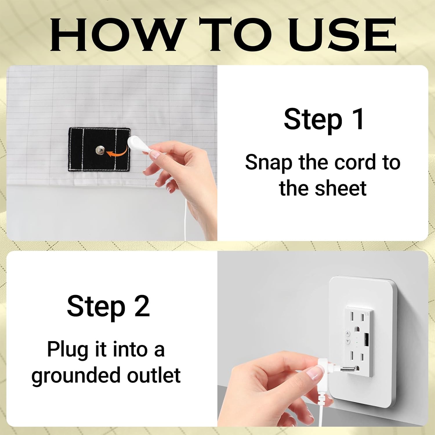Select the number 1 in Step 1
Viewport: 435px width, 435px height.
click(358, 119)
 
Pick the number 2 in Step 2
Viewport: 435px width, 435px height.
click(142, 306)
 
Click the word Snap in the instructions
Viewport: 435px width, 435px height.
click(268, 163)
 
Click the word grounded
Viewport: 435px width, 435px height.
click(75, 376)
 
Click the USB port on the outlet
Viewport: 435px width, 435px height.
click(366, 340)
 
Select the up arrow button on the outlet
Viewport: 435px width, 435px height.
click(348, 334)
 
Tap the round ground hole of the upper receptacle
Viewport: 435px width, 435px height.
click(356, 330)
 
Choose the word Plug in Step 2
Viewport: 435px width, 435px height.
click(67, 350)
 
